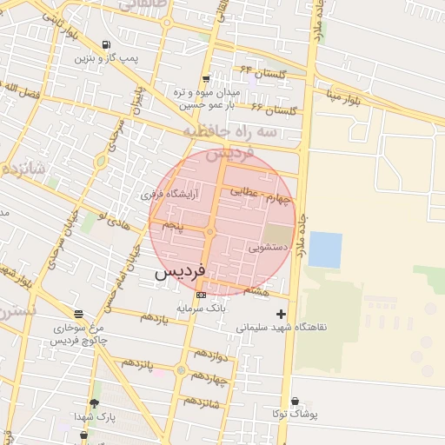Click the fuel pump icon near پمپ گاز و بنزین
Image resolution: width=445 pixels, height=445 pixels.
click(x=106, y=45)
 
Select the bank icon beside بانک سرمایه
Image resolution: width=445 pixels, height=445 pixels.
click(x=201, y=295)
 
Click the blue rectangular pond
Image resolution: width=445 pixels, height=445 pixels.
click(x=325, y=249)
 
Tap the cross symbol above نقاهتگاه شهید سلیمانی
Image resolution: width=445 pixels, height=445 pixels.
click(x=280, y=314)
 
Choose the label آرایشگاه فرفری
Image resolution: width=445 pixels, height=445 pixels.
click(x=170, y=195)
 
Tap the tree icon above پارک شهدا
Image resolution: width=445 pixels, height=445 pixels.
click(x=94, y=404)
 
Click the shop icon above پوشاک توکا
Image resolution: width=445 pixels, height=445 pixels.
click(x=296, y=401)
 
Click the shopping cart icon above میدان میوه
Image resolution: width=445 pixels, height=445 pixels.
click(x=206, y=79)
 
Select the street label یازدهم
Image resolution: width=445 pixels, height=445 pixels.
click(x=153, y=319)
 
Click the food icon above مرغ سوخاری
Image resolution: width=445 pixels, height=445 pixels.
click(x=78, y=315)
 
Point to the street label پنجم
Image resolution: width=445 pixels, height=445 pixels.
click(x=174, y=226)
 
